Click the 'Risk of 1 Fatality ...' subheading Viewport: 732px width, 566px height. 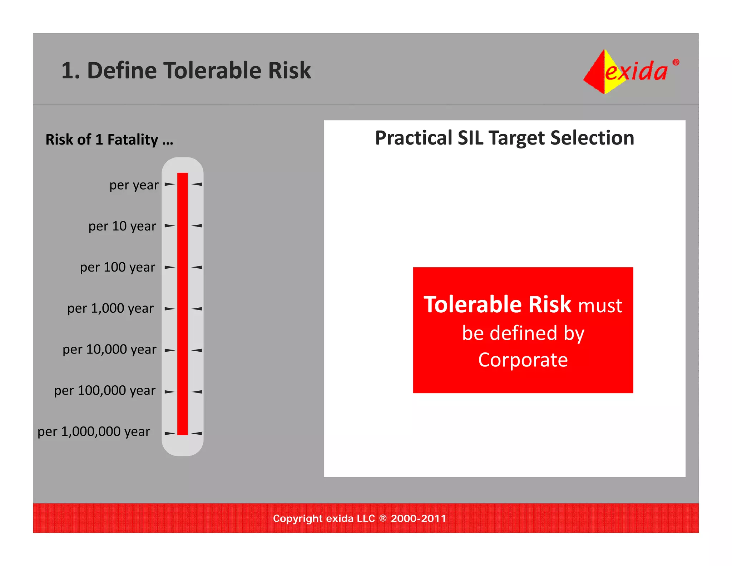coord(109,140)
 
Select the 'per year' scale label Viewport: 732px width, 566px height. coord(134,185)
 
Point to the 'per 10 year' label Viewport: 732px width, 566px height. coord(122,226)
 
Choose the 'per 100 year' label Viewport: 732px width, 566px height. coord(118,268)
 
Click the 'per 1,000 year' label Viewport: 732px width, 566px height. coord(110,308)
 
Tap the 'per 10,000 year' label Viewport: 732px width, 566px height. coord(109,350)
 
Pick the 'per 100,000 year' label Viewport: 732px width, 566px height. coord(105,391)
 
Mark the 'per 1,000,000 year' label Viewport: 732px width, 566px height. coord(94,432)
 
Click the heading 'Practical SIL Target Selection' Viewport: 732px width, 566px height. coord(504,138)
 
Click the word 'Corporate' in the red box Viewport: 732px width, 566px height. coord(523,360)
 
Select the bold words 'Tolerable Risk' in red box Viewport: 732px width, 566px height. coord(497,304)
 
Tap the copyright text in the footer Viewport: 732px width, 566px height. coord(360,518)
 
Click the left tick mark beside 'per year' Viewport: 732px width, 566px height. coord(169,185)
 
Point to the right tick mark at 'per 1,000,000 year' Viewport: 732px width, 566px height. coord(197,433)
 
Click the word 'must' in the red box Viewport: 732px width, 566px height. coord(600,306)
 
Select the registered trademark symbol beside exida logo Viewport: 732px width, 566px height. coord(676,62)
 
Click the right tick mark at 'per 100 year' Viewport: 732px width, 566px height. coord(197,267)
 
